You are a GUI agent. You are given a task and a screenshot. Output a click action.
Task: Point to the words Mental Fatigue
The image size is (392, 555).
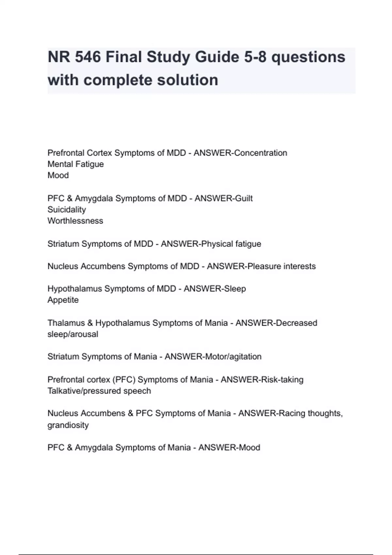point(75,164)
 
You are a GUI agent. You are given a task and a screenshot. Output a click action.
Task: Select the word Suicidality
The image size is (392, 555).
point(67,209)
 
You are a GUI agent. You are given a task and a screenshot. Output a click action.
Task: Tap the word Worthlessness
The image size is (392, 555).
point(75,221)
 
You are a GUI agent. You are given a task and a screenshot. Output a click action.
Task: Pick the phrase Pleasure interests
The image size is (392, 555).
point(282,266)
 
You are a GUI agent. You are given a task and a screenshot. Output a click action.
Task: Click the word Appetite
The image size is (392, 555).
point(63,300)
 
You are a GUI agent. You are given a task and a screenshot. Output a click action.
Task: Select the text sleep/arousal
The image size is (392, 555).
point(73,334)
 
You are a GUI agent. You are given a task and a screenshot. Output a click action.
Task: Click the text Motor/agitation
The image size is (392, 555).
point(233,356)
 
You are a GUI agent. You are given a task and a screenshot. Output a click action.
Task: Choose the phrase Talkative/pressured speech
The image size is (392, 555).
point(99,391)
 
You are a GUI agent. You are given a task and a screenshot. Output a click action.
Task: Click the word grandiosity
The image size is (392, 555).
point(68,425)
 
